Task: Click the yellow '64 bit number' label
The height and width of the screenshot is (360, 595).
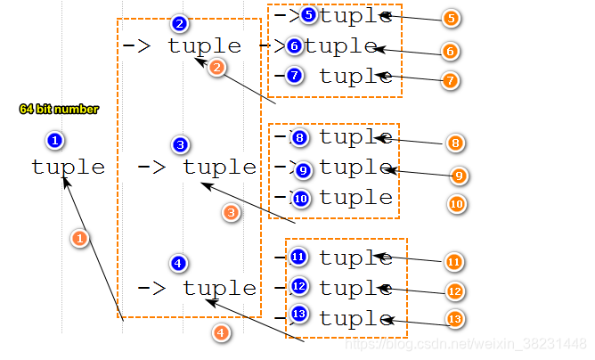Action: click(x=59, y=109)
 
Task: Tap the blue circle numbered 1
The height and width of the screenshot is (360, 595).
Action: click(x=55, y=140)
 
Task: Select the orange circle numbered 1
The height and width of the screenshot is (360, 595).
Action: click(x=80, y=238)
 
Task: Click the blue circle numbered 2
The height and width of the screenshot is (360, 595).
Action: click(x=181, y=23)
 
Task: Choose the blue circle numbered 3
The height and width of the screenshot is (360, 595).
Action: click(x=181, y=144)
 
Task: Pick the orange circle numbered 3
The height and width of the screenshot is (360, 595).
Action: click(x=232, y=213)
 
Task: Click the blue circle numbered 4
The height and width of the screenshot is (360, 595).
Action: click(x=179, y=263)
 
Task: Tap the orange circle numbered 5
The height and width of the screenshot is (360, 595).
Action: click(x=451, y=18)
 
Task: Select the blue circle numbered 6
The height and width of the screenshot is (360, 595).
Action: click(x=295, y=46)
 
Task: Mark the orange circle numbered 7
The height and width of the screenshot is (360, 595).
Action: click(x=451, y=80)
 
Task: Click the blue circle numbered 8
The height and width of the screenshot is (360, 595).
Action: click(x=299, y=138)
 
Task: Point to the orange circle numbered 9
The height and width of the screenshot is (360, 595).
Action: click(x=459, y=176)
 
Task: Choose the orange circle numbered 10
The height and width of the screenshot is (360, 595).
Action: click(x=456, y=204)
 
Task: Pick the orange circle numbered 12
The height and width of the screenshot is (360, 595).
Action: click(x=457, y=291)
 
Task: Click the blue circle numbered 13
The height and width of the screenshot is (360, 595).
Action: click(x=298, y=315)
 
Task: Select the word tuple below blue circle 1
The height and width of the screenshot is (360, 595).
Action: click(x=68, y=167)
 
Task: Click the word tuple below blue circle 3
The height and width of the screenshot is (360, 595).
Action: click(x=219, y=167)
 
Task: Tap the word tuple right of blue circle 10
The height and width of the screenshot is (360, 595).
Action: click(x=356, y=198)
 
